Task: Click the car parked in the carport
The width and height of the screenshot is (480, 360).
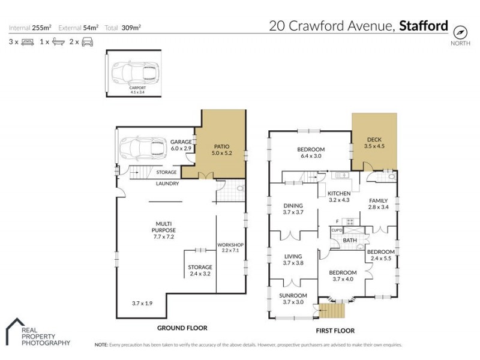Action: click(x=137, y=73)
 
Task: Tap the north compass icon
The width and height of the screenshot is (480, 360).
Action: click(x=460, y=31)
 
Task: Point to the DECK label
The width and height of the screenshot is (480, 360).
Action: click(x=373, y=139)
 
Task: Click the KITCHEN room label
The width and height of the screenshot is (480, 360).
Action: click(x=339, y=193)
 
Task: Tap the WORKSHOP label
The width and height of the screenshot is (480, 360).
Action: click(x=230, y=244)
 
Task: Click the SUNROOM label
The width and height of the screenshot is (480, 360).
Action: click(x=294, y=296)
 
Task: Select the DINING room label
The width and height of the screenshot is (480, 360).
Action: click(x=294, y=205)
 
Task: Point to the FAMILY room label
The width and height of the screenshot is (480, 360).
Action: click(x=378, y=201)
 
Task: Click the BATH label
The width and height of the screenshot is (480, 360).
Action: click(x=349, y=241)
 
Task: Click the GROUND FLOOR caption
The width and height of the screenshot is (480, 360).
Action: click(x=182, y=328)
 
